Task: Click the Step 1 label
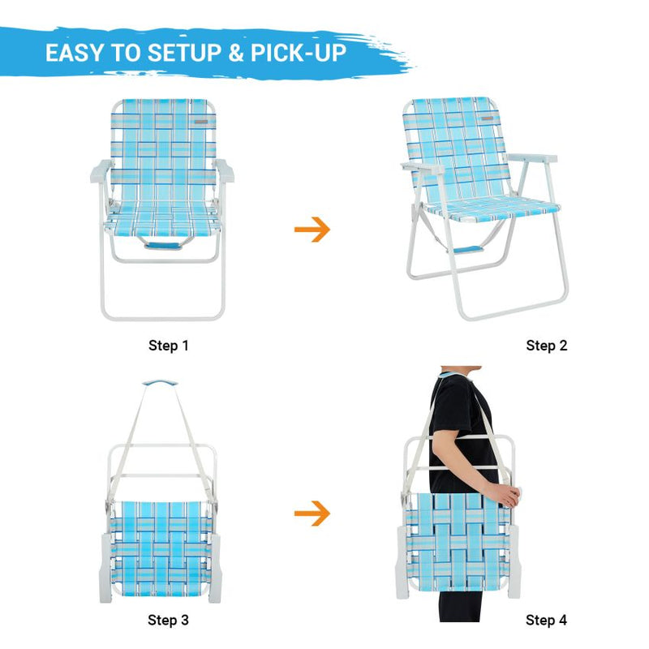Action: point(168,346)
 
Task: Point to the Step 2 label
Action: point(547,346)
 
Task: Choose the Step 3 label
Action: point(168,621)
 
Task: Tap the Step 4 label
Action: point(547,621)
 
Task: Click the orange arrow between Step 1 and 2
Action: point(312,230)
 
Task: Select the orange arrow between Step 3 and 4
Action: point(312,513)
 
